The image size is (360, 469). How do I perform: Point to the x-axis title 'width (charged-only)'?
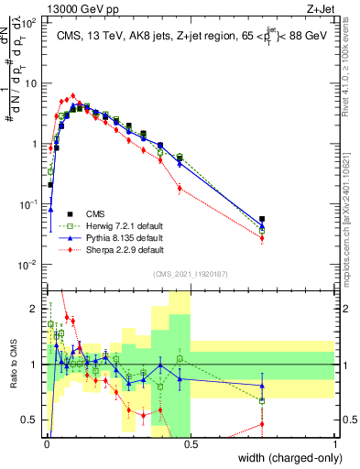pos(285,458)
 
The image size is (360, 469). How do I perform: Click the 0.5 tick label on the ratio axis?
pos(30,420)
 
